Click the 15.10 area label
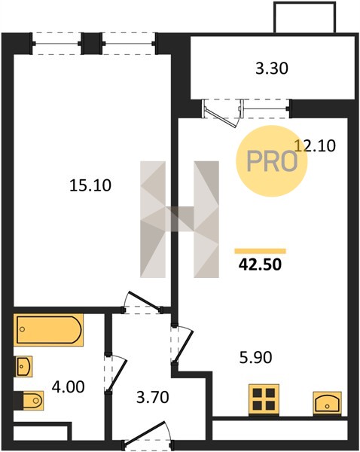[90, 185]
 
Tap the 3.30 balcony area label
[272, 69]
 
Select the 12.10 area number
[315, 145]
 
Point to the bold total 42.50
[260, 264]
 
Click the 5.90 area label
[256, 357]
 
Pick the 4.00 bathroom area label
[69, 387]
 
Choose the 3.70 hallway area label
[152, 397]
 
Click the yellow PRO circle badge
[272, 161]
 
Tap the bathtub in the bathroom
[48, 330]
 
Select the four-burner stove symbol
[264, 399]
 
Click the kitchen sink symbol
[327, 403]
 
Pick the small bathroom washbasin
[23, 366]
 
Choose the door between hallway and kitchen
[182, 345]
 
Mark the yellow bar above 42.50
[261, 251]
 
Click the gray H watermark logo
[179, 219]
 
